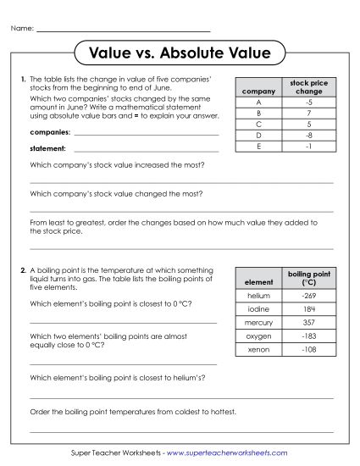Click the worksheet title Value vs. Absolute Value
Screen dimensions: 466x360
click(x=180, y=54)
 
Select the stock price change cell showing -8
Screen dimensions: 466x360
click(x=309, y=134)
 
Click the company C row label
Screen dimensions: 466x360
click(x=258, y=123)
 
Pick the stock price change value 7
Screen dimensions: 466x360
click(x=309, y=112)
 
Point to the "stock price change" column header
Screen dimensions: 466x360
click(x=309, y=87)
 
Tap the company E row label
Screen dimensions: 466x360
click(x=258, y=145)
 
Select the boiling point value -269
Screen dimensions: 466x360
click(x=307, y=296)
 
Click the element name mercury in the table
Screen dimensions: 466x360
click(x=258, y=322)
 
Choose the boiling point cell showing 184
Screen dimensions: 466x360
click(x=307, y=309)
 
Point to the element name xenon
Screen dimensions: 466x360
click(x=258, y=349)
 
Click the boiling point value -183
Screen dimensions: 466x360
click(x=307, y=336)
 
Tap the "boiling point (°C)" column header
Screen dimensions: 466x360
click(x=307, y=278)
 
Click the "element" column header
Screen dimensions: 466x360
click(x=258, y=281)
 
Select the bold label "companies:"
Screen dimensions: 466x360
click(x=49, y=133)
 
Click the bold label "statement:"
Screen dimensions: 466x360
click(x=47, y=149)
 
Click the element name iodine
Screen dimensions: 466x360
click(x=258, y=309)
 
